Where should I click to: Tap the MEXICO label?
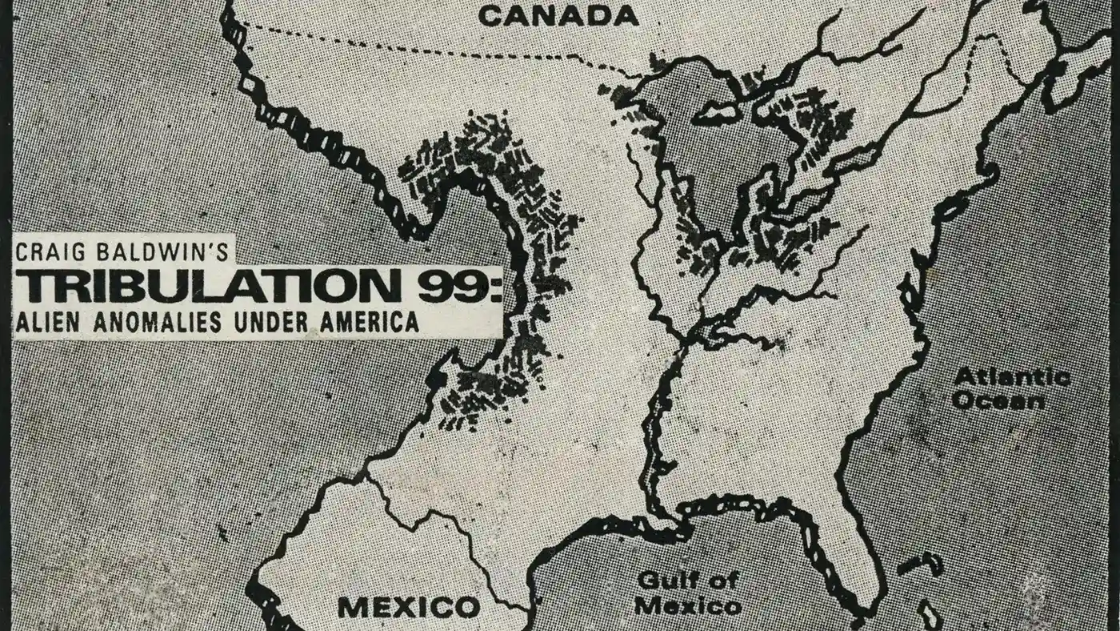pos(409,607)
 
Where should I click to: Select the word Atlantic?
pos(1012,378)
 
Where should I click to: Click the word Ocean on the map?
pos(998,400)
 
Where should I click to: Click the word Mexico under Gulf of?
pos(688,606)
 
